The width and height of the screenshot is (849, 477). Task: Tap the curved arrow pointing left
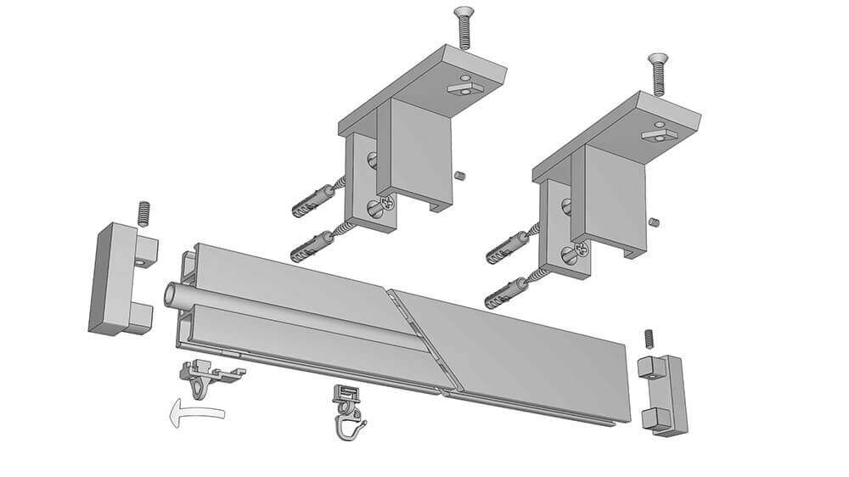(195, 414)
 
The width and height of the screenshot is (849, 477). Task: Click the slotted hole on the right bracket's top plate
(655, 132)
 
